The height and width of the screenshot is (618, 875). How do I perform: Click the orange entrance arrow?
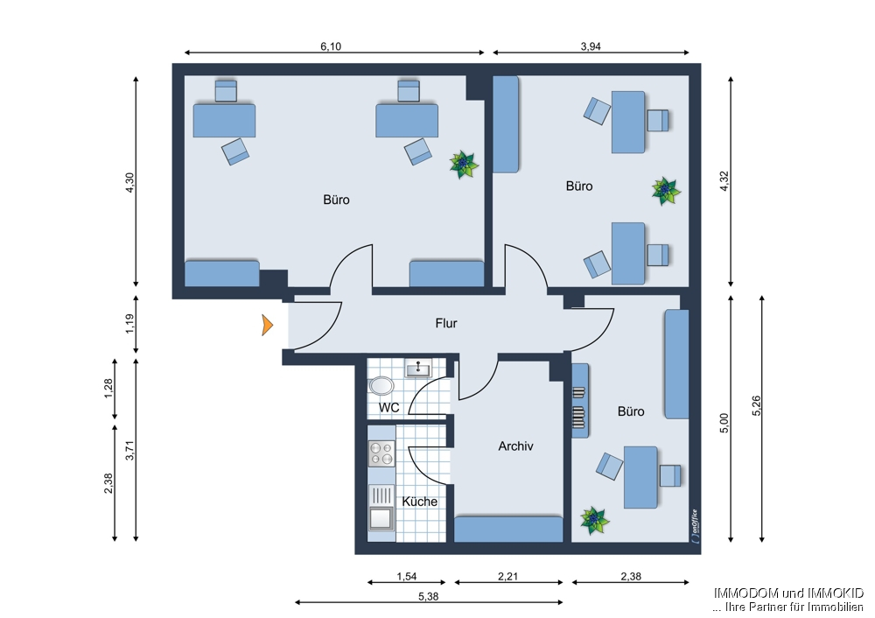[268, 326]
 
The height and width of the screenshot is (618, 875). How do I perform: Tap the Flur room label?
[446, 323]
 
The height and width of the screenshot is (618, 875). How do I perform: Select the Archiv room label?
[515, 446]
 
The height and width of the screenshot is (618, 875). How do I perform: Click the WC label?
[389, 408]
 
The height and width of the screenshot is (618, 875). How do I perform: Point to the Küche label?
[419, 502]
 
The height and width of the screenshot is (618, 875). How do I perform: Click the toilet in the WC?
[381, 385]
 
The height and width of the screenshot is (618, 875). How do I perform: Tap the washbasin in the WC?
[418, 369]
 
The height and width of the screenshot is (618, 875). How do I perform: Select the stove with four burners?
[381, 453]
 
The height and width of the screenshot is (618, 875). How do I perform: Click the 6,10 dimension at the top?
[330, 46]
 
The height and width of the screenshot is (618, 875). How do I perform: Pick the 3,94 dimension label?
[591, 46]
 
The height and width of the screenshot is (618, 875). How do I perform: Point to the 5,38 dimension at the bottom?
[428, 595]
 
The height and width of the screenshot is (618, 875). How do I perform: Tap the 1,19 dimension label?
[129, 323]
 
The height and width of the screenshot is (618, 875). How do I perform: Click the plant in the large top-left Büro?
[463, 164]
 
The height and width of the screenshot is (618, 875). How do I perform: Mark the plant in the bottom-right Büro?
[595, 521]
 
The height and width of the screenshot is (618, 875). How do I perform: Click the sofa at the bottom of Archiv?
[508, 529]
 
